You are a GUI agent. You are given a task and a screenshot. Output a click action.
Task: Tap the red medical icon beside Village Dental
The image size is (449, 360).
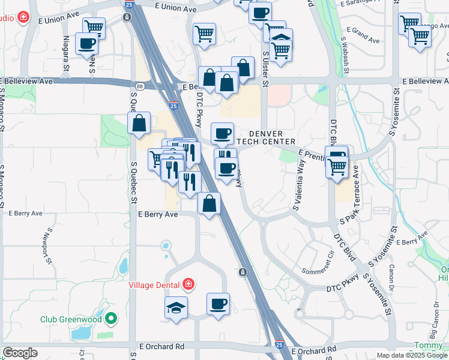tap(188, 284)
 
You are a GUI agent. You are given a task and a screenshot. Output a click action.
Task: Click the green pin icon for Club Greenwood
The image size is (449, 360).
tap(110, 319)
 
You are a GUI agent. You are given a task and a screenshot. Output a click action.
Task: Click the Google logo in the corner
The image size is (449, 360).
tap(20, 353)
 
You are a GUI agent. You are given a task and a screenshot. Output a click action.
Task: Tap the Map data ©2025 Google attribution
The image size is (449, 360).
tap(412, 355)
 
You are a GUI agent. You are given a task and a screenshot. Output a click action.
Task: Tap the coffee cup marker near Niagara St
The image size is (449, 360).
tap(87, 44)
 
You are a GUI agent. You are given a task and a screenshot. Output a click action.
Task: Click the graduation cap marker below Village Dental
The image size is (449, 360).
tap(176, 308)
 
